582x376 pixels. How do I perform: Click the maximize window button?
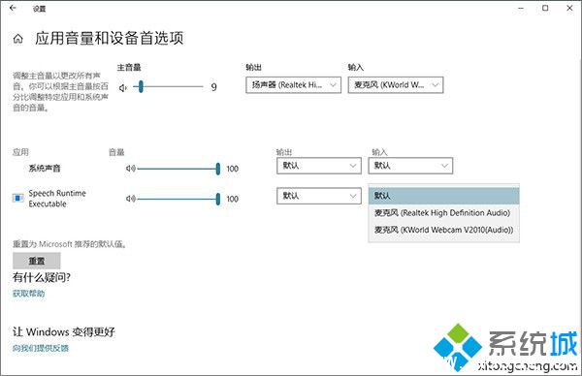coord(545,8)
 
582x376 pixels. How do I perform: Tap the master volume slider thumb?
coord(141,86)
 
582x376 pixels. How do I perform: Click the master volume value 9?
coord(213,87)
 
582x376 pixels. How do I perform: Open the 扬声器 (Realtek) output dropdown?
coord(293,85)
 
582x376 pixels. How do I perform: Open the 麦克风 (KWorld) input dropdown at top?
coord(395,85)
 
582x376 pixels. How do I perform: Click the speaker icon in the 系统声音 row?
coord(130,168)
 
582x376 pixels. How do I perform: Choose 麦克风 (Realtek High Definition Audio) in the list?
coord(442,212)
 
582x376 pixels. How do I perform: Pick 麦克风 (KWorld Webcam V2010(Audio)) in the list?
coord(442,230)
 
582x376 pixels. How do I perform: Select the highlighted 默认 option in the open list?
coord(442,195)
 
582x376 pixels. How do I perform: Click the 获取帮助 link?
coord(28,293)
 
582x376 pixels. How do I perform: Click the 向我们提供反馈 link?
coord(41,347)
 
